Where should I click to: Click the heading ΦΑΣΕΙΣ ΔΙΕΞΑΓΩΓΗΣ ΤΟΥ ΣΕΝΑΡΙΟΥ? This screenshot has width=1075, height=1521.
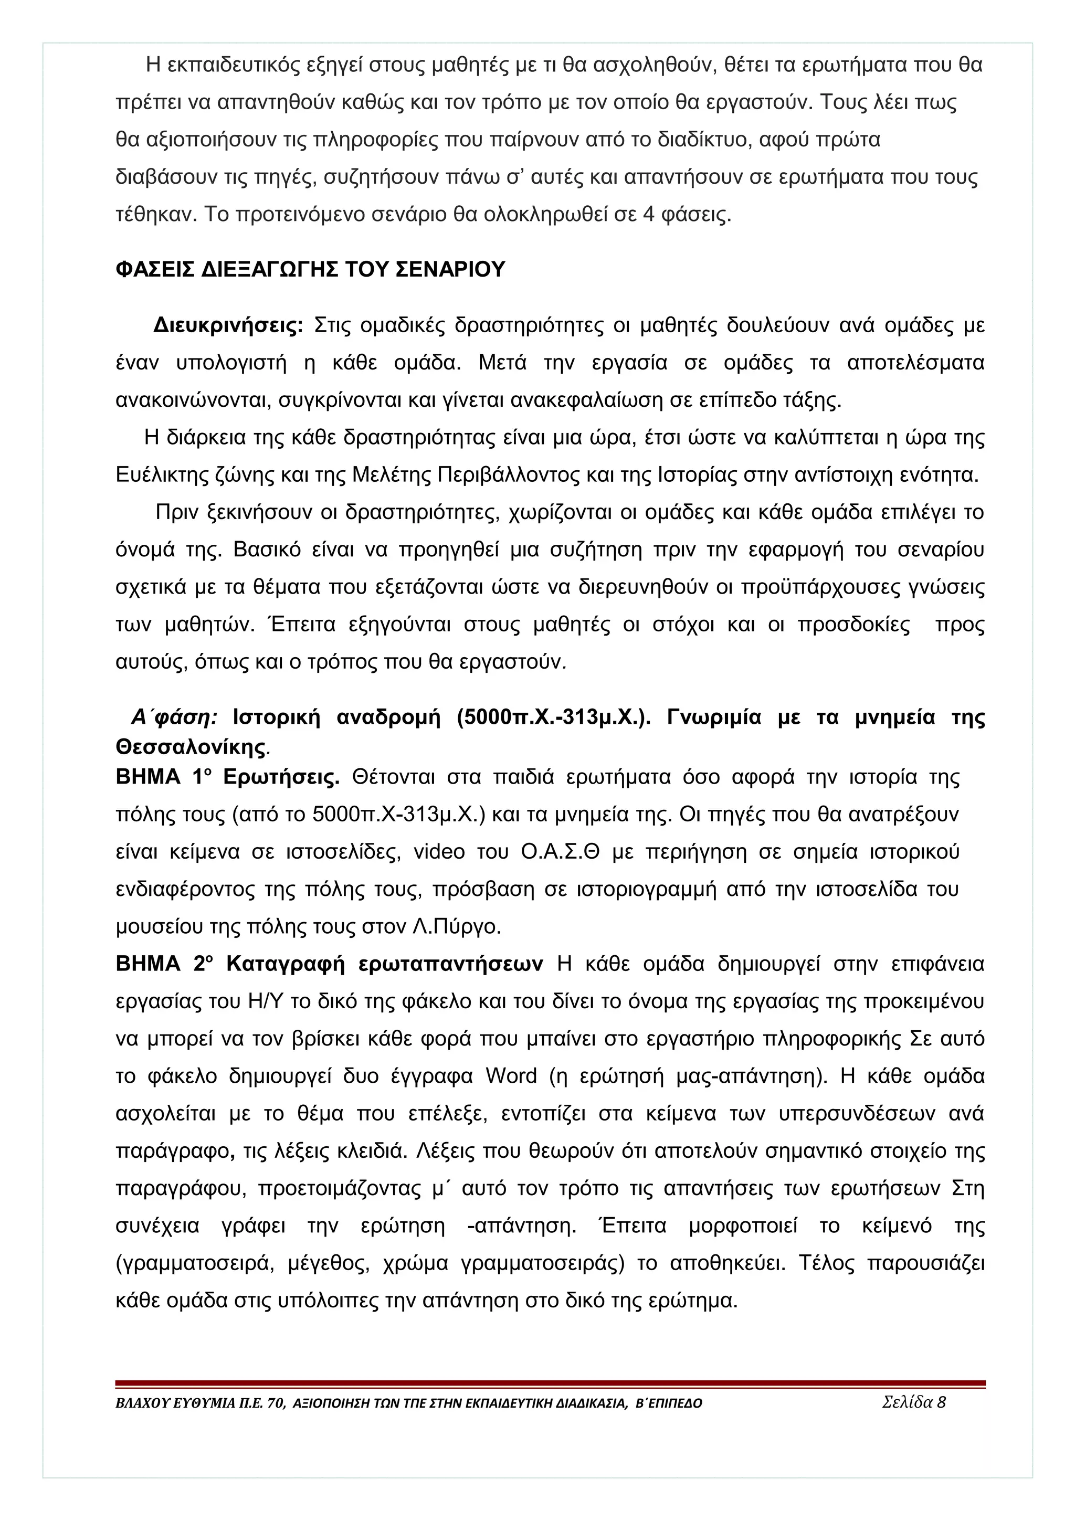(310, 270)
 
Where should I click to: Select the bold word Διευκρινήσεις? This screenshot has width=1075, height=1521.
(228, 325)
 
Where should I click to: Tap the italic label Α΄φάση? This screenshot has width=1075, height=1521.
(174, 717)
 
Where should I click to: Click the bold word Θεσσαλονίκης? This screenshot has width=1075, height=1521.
(190, 747)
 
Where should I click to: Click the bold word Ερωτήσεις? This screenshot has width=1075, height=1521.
(281, 777)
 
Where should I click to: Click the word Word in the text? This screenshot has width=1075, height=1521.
(511, 1076)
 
